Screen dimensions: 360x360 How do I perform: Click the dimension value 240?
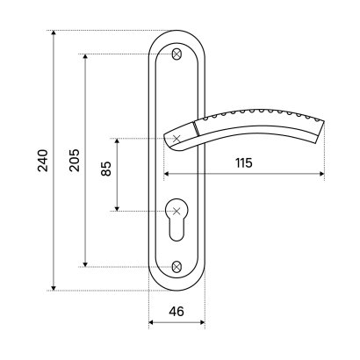tap(43, 161)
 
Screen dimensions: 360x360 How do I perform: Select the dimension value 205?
tap(74, 161)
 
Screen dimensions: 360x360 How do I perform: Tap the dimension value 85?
tap(106, 169)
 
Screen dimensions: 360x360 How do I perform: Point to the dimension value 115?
tap(244, 162)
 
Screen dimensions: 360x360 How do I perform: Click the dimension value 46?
tap(176, 311)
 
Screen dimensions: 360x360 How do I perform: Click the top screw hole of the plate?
tap(176, 54)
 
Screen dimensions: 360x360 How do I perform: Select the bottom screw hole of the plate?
tap(176, 267)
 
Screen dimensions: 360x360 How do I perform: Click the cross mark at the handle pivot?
tap(176, 139)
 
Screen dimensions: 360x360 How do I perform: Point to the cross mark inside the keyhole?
tap(176, 211)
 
